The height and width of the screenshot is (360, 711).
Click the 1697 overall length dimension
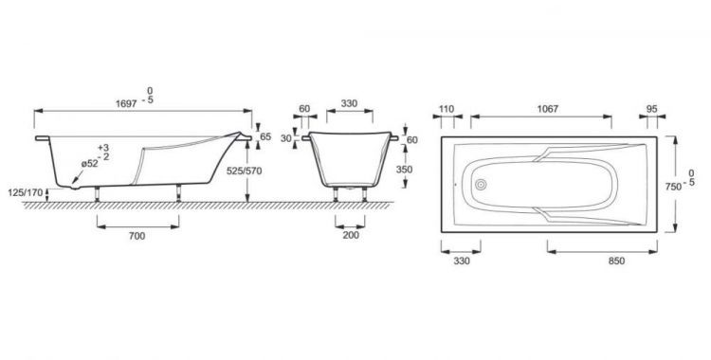click(126, 104)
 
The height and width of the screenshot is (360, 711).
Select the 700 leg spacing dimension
click(137, 236)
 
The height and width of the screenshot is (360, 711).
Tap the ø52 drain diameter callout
click(90, 164)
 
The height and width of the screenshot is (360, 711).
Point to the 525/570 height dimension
click(246, 171)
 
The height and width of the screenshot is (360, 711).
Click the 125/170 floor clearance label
click(26, 192)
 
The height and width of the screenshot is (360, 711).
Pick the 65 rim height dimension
click(266, 136)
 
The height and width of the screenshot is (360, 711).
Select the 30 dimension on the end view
click(285, 138)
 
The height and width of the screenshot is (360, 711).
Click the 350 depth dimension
click(404, 170)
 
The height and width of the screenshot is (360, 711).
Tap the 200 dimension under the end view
click(351, 235)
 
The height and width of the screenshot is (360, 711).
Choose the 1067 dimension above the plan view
click(548, 109)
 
